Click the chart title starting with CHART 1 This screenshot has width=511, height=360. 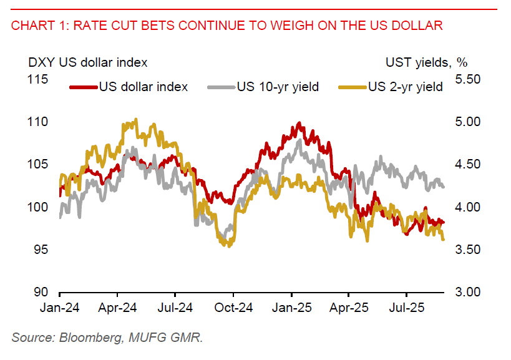(227, 26)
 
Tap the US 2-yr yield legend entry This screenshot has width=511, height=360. (405, 87)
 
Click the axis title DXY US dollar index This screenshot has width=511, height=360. (87, 62)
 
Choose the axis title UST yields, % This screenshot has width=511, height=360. (427, 62)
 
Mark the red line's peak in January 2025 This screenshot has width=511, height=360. (299, 124)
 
